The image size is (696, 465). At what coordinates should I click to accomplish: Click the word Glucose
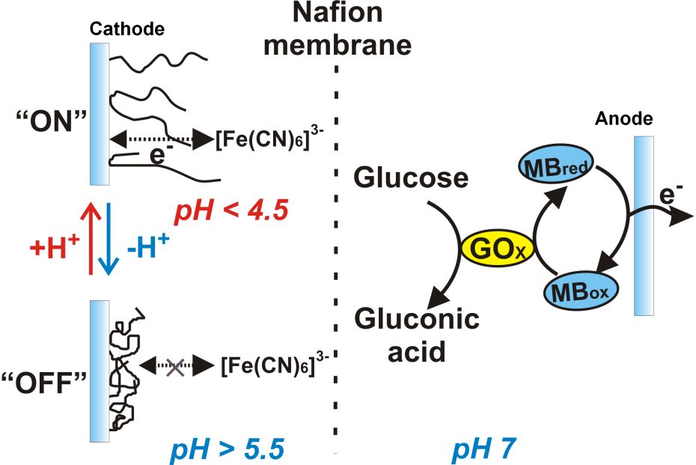coord(412,178)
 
